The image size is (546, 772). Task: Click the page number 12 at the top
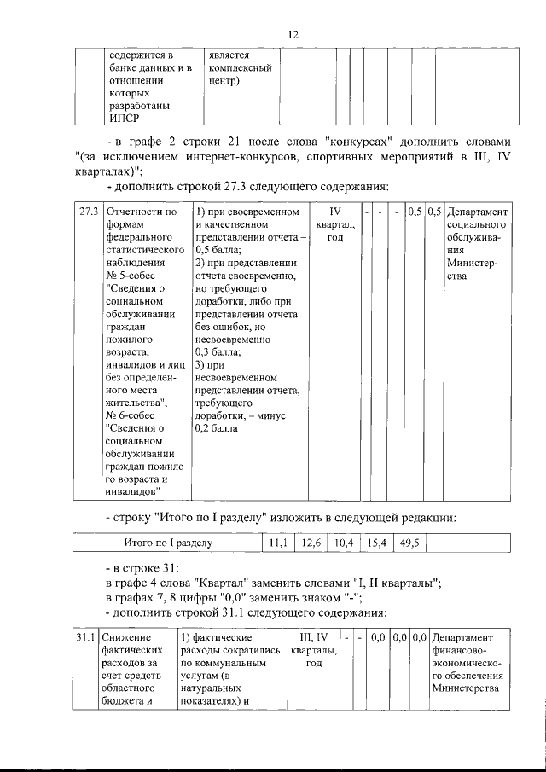[293, 34]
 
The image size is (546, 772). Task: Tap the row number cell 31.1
[84, 637]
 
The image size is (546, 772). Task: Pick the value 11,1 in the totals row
[276, 542]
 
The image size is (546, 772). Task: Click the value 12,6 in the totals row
[311, 542]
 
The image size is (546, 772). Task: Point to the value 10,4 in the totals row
[344, 542]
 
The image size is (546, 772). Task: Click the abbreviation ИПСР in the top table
[123, 119]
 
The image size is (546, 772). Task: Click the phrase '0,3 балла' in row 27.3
[218, 351]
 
